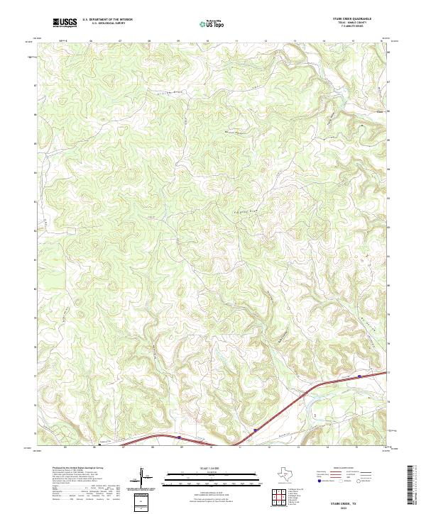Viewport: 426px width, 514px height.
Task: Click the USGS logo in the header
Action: click(65, 23)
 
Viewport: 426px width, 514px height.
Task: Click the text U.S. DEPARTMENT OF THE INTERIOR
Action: click(107, 20)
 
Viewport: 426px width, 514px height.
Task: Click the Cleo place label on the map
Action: click(379, 110)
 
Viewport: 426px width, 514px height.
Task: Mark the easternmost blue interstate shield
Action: click(359, 376)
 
